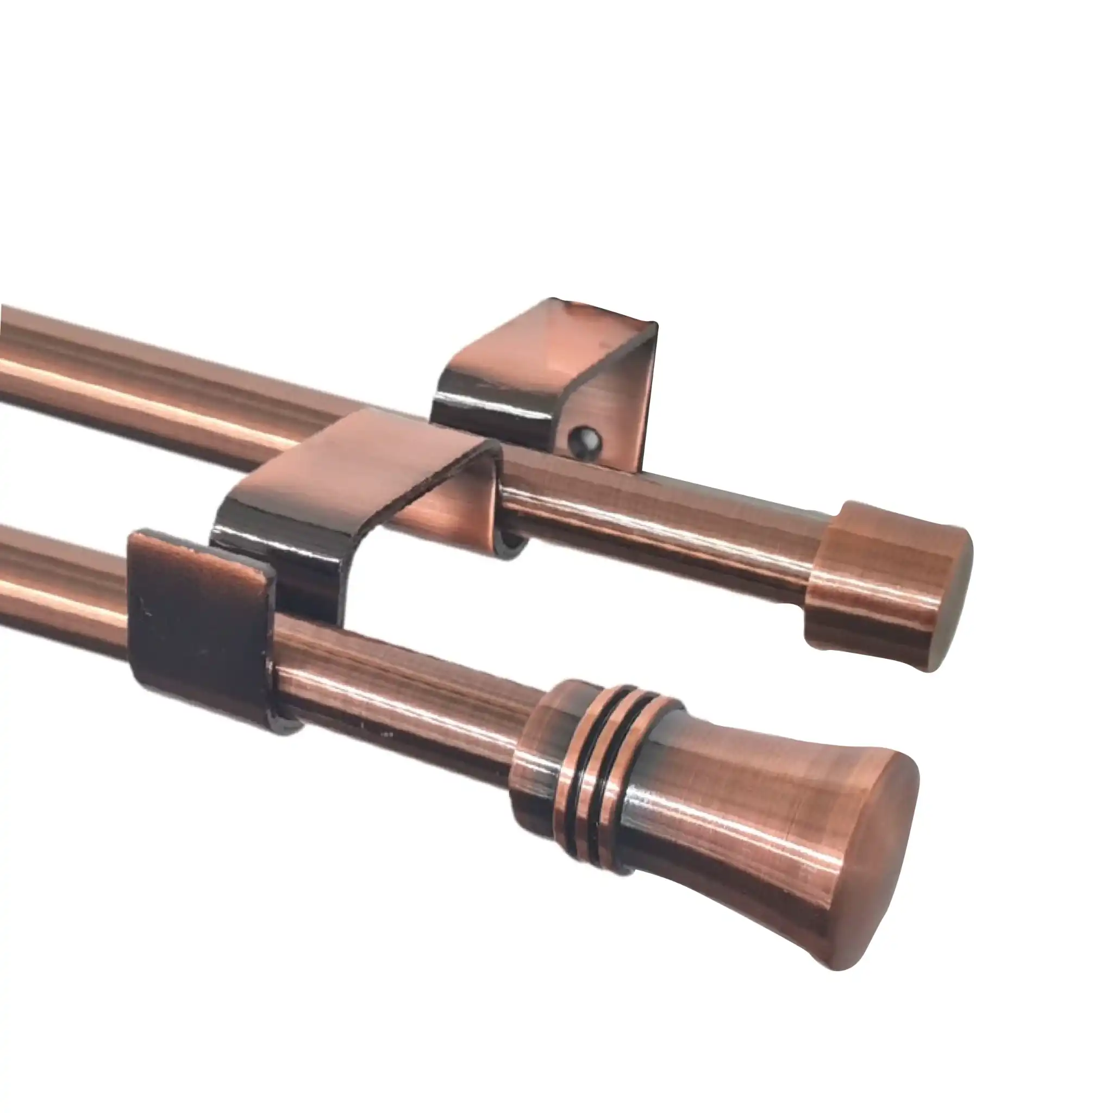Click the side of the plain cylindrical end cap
pyautogui.click(x=864, y=582)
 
